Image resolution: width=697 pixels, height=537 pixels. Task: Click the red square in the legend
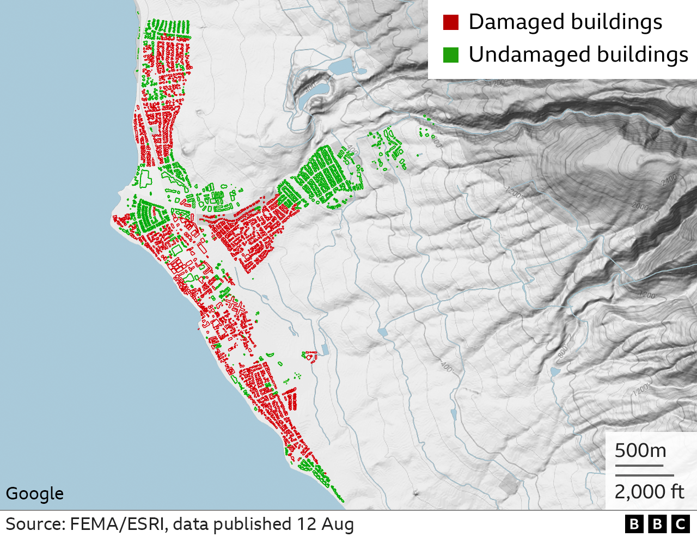coord(451,22)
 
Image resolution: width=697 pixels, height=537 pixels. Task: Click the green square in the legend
coord(451,55)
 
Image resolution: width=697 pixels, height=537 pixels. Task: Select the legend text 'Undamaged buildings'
coord(578,55)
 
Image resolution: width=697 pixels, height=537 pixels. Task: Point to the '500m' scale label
coord(640,451)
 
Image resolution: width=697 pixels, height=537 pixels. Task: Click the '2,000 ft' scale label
coord(649,492)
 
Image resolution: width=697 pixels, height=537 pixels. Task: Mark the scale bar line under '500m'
coord(639,466)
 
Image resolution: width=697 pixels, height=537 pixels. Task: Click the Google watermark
coord(35,493)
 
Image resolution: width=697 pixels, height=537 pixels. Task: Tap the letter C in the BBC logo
coord(680,524)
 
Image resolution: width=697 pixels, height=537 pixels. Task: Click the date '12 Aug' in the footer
coord(325,524)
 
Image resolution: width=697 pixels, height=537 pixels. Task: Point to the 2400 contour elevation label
coord(668,179)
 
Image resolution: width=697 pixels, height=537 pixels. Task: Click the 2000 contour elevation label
coord(641,206)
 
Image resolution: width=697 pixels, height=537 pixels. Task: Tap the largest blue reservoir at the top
coord(341,67)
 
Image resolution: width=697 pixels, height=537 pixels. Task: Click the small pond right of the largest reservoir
coord(362,70)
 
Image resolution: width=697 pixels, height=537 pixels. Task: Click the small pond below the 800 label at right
coord(555,372)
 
